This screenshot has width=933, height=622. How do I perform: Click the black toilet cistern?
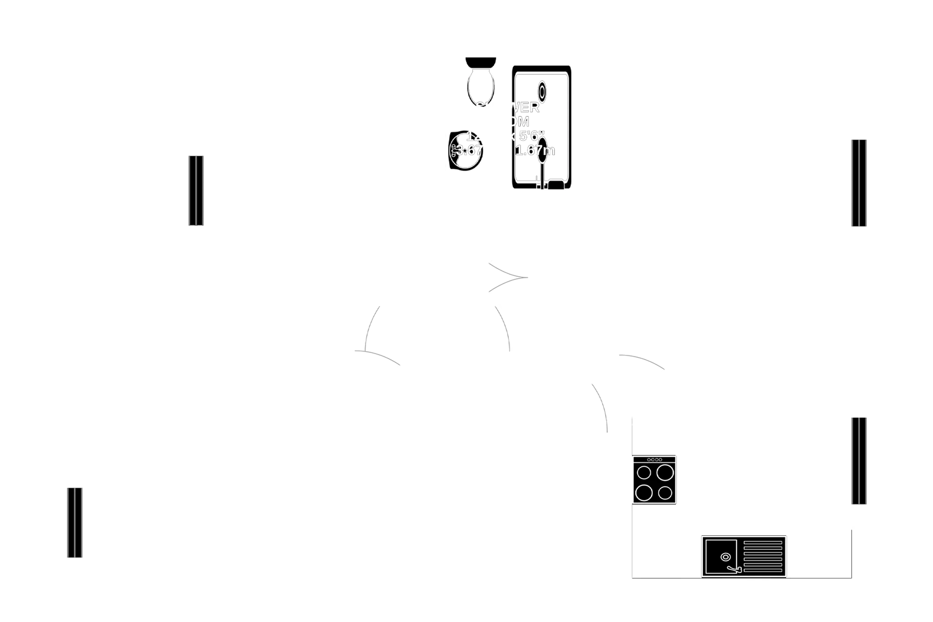(480, 62)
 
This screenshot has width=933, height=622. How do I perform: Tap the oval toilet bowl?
(480, 86)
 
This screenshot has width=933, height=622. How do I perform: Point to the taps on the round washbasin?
(453, 151)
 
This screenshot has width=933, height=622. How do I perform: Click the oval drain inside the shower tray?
(542, 92)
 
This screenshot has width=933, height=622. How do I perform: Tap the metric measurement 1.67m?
(535, 150)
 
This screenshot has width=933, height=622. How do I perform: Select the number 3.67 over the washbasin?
(468, 150)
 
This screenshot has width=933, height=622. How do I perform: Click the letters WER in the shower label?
(526, 108)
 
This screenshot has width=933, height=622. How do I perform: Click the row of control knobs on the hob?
(655, 460)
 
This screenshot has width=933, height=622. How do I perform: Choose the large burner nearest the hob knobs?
(665, 473)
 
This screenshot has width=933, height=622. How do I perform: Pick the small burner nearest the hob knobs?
(644, 473)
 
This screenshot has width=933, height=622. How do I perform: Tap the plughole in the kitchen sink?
(725, 557)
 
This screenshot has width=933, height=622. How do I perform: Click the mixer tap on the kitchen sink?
(735, 568)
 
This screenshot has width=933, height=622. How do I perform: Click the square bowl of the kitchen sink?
(721, 556)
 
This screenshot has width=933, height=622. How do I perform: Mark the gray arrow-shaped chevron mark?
(508, 277)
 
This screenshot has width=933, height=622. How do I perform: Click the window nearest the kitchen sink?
(858, 460)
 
